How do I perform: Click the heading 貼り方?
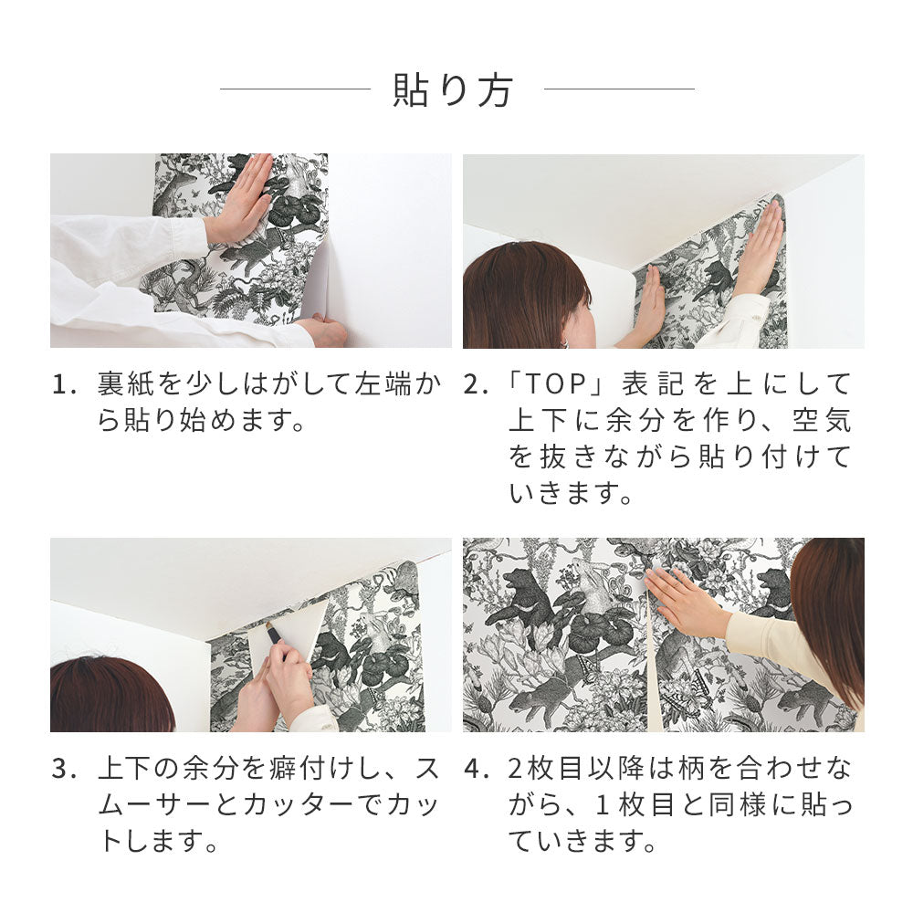point(454,90)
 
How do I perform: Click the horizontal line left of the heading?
point(294,89)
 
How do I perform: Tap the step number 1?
point(61,384)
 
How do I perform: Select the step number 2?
point(474,384)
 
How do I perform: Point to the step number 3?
point(61,769)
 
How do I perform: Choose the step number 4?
point(474,769)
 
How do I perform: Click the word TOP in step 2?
point(562,384)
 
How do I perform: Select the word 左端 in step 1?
point(387,384)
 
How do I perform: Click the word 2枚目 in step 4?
point(543,769)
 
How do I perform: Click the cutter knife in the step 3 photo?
point(273,633)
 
